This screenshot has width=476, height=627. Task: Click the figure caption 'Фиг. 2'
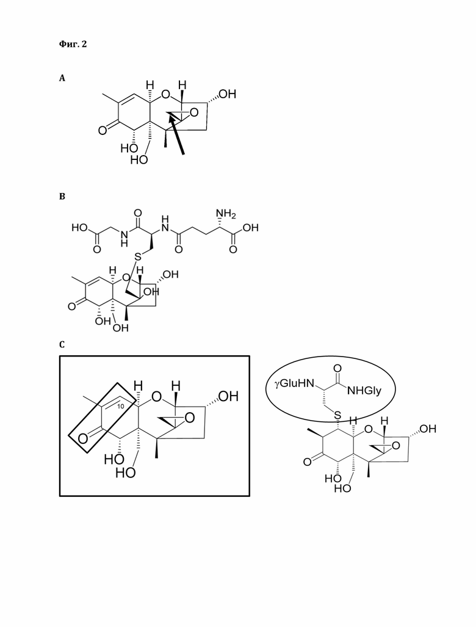tap(73, 43)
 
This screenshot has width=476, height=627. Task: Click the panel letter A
tap(62, 78)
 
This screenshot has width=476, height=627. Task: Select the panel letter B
tap(62, 197)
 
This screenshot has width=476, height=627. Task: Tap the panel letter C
tap(62, 344)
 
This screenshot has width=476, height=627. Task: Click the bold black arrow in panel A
tap(176, 134)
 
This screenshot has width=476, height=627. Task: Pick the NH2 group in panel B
tap(226, 214)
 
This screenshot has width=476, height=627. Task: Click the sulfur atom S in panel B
tap(138, 257)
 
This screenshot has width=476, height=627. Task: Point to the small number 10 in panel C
tap(121, 406)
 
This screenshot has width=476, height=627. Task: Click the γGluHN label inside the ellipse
tap(295, 384)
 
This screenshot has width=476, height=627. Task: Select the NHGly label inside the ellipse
tap(364, 391)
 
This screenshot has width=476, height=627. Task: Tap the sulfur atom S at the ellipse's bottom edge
tap(338, 416)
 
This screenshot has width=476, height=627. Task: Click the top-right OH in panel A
tap(227, 94)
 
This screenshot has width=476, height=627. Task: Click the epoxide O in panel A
tap(194, 113)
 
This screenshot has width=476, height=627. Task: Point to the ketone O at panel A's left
tap(103, 130)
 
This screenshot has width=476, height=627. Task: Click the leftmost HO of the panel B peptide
tap(79, 228)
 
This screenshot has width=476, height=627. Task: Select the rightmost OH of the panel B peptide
tap(250, 228)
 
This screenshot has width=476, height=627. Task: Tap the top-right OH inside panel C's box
tap(228, 396)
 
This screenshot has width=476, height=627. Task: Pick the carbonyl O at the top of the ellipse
tap(337, 368)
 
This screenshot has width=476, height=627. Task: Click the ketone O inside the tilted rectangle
tap(83, 439)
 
